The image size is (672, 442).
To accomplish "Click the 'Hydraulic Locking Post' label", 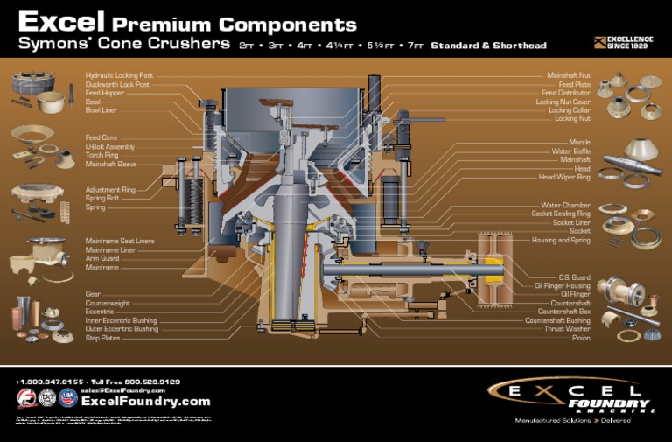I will (119, 76).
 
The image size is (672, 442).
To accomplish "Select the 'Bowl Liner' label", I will (101, 111).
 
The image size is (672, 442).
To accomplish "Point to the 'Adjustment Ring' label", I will (110, 189).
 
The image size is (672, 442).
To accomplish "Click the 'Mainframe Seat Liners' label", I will (120, 241).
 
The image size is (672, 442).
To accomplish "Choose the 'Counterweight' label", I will (107, 303).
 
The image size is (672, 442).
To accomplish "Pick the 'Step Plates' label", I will (103, 338).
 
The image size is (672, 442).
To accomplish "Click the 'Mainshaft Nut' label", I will (568, 76).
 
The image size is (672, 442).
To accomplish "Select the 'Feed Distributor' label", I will (565, 93).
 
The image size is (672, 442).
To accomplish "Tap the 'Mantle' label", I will (579, 142).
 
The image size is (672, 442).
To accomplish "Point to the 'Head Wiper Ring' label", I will (564, 177).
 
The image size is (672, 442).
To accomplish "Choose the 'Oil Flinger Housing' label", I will (562, 285).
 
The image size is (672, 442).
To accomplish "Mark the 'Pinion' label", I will (581, 338).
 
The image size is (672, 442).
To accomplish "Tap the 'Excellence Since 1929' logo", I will (624, 41).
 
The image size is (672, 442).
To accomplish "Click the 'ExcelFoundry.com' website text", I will (145, 402).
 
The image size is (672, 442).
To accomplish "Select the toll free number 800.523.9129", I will (150, 382).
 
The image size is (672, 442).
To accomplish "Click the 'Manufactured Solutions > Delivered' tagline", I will (573, 420).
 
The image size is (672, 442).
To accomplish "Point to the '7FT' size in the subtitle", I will (414, 46).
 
